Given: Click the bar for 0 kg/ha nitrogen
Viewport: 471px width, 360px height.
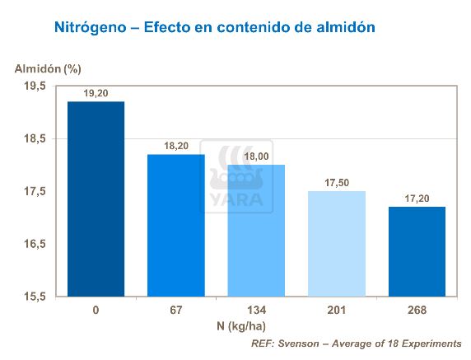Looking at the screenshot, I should (x=96, y=199).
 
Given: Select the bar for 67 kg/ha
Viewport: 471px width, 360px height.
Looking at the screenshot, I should (x=176, y=225).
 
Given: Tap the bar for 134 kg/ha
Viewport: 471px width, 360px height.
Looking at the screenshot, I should (x=256, y=231).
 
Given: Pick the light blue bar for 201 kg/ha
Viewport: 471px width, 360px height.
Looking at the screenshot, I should (x=337, y=244).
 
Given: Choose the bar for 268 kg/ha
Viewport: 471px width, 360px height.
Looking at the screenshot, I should (x=417, y=251).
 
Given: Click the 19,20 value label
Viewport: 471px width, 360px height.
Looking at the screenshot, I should (x=96, y=93).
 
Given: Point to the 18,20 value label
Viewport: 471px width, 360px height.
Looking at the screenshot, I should (x=176, y=146).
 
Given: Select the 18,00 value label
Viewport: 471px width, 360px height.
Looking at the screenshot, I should (x=256, y=157).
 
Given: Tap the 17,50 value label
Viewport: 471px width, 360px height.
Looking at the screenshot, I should (x=337, y=183).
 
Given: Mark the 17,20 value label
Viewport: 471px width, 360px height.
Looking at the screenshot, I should (x=417, y=199).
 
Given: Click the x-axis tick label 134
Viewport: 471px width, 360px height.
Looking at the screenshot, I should (x=256, y=311).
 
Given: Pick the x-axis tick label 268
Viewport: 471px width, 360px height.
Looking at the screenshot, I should (x=417, y=311).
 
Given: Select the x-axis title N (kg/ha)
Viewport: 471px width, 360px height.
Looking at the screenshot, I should (x=256, y=326).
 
